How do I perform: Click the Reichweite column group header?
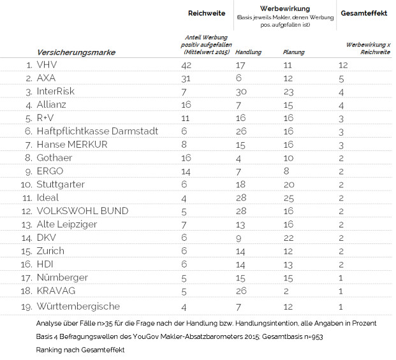coord(207,13)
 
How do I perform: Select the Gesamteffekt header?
coord(364,13)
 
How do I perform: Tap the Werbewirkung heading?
coord(285,8)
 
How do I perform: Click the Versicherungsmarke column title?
coord(76,52)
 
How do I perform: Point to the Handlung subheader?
coord(248,52)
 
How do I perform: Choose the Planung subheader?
coord(294,52)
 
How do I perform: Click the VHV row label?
coord(47,65)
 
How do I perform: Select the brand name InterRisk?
coord(55,91)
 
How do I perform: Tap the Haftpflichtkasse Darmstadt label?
coord(98,131)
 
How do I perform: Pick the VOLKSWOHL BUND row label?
coord(83,211)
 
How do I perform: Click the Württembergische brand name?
coord(78,306)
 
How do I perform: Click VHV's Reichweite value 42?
coord(186,66)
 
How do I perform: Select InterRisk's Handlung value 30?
coord(241,92)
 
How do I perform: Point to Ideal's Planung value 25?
coord(288,198)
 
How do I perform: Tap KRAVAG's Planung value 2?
coord(286,291)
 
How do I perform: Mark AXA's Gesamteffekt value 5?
coord(341,79)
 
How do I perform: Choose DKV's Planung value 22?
coord(288,238)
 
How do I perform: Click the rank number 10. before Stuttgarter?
coord(27,185)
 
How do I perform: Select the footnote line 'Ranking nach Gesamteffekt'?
coord(80,350)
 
